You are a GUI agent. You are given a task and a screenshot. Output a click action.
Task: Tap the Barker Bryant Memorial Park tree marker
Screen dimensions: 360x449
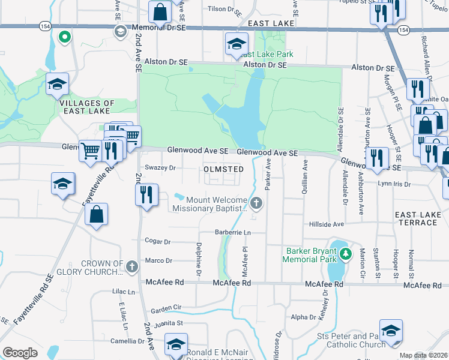[345, 254]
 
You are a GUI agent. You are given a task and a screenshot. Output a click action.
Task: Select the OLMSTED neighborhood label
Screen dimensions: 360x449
[224, 169]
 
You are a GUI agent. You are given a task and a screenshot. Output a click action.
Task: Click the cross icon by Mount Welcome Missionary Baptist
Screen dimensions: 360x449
[256, 203]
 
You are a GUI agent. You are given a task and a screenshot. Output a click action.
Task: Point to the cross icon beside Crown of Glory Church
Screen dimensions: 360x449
[133, 267]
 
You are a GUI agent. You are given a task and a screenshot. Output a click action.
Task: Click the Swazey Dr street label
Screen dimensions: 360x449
[160, 168]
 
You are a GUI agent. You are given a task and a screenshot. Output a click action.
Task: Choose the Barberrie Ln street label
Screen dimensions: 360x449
[232, 232]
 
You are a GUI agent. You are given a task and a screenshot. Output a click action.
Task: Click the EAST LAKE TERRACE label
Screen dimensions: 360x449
[417, 218]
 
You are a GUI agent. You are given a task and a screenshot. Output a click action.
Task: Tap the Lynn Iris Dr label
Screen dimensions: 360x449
[394, 184]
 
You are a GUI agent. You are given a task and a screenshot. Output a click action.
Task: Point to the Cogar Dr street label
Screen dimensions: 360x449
[158, 241]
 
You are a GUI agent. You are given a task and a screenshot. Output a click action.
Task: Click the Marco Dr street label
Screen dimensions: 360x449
[158, 261]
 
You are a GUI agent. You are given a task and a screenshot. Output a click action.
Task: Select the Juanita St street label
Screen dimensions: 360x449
[169, 323]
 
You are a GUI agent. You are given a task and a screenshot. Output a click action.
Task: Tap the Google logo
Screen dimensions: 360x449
[20, 353]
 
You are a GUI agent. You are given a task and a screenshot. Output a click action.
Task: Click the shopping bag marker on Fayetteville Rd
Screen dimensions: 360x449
[96, 215]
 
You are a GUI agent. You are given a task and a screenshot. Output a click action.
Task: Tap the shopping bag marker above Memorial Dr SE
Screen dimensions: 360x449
[160, 11]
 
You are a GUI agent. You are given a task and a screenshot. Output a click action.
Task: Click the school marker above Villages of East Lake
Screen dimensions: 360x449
[57, 85]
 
